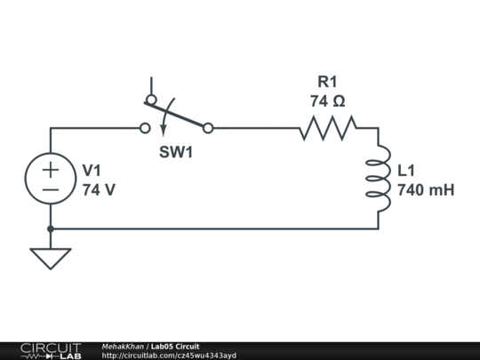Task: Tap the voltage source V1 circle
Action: (51, 179)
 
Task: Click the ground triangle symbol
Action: (51, 258)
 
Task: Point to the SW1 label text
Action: (176, 152)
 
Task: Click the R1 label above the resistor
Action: (328, 82)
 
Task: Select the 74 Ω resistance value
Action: (328, 101)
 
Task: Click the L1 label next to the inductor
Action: (406, 170)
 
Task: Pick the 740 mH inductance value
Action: (426, 189)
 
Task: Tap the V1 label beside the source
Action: (92, 170)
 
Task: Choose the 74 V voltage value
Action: (99, 189)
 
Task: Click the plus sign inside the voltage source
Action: (51, 168)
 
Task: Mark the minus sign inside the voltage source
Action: (51, 189)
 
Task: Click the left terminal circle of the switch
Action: (145, 128)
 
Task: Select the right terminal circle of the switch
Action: (208, 128)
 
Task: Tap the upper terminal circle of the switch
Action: (151, 100)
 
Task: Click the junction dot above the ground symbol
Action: (51, 228)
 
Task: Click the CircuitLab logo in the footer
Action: (51, 350)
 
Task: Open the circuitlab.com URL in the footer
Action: (169, 356)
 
